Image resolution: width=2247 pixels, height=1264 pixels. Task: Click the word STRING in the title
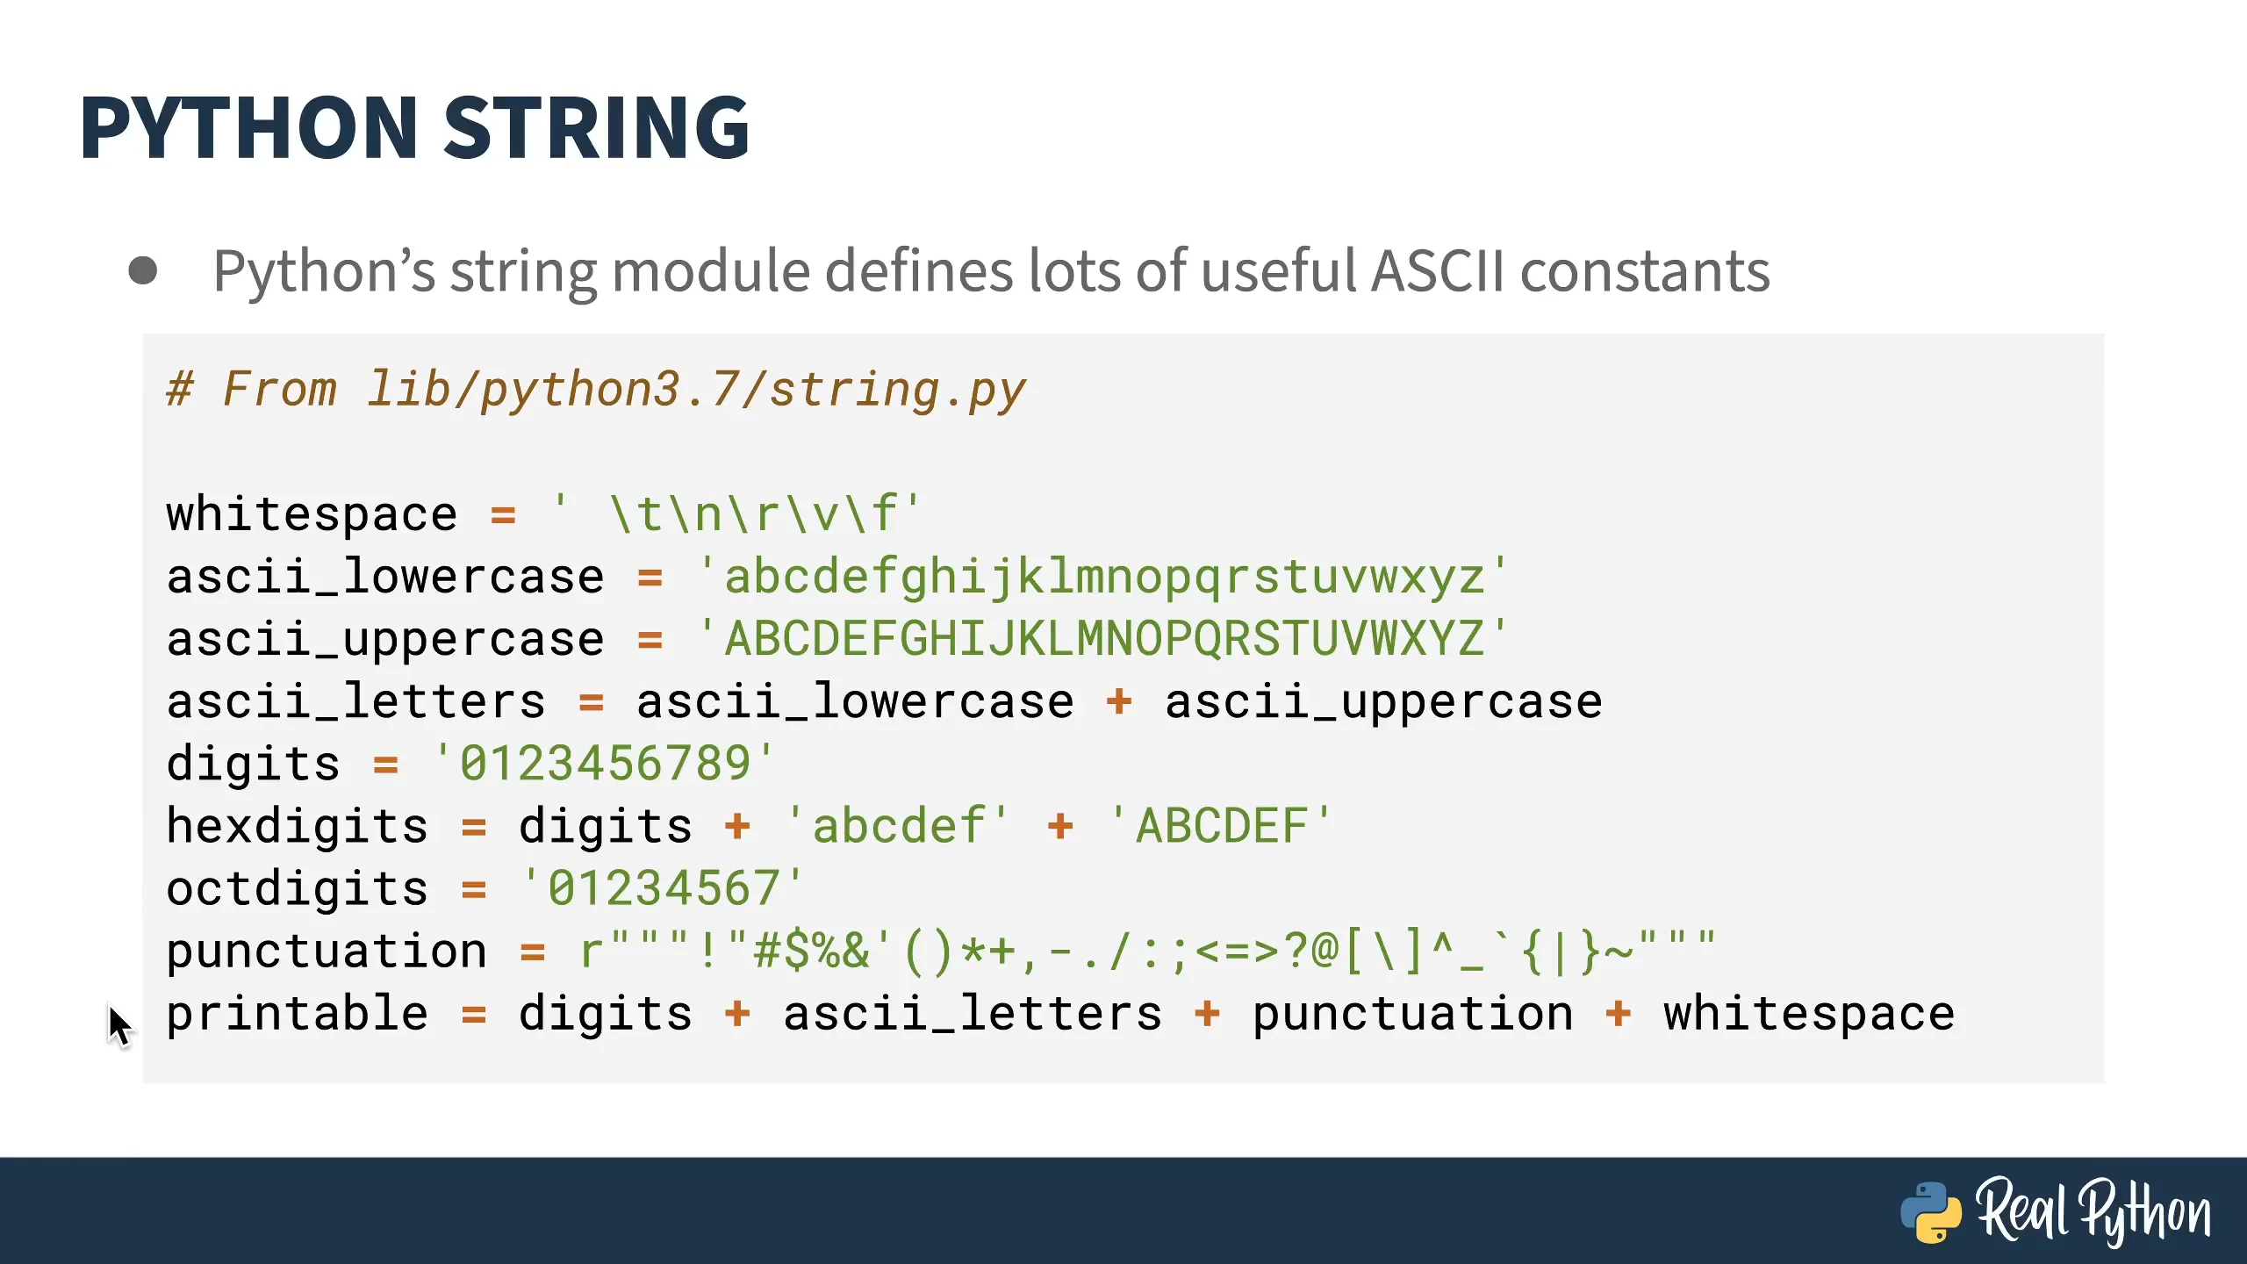597,128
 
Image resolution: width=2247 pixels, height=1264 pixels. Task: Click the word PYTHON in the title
248,128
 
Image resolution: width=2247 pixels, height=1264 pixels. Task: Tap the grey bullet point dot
142,270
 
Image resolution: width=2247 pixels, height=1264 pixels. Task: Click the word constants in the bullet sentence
1645,271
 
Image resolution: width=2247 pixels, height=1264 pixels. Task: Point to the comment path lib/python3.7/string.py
696,390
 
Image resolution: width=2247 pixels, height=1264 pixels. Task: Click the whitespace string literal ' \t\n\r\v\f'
738,513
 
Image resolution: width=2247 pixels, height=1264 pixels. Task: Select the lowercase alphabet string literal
1102,578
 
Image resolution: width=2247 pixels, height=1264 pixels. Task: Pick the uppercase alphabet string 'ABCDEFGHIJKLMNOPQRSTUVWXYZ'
1102,638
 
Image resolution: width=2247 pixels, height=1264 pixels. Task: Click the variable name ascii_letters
356,701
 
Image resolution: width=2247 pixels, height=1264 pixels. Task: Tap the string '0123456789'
605,763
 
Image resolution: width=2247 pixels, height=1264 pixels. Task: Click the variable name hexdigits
298,826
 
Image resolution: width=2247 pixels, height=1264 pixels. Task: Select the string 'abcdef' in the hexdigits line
897,826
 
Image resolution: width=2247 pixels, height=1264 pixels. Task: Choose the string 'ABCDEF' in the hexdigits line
1220,826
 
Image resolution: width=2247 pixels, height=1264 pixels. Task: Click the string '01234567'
663,888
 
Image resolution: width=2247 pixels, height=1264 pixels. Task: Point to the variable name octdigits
298,888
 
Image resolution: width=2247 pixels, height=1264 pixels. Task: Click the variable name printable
298,1014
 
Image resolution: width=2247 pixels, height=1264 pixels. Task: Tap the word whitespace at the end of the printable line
1809,1014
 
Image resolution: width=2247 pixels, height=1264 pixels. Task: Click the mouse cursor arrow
119,1025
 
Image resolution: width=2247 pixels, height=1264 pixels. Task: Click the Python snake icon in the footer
1931,1212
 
